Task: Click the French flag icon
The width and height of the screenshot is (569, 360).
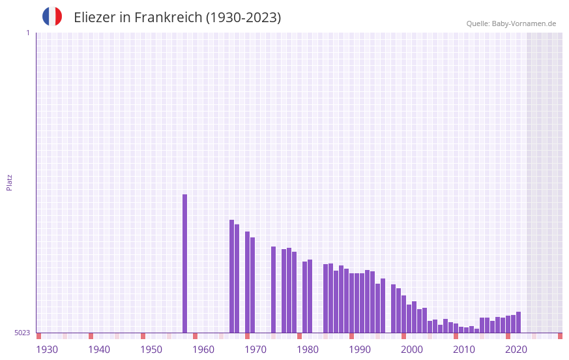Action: point(52,16)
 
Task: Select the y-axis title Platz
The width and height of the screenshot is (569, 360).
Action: point(9,182)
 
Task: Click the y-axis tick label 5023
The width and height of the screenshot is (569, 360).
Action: point(22,333)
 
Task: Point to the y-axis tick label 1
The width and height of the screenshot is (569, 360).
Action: point(27,33)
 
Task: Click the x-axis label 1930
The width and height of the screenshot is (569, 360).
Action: point(47,350)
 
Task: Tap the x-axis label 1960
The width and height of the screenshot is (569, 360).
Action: point(203,350)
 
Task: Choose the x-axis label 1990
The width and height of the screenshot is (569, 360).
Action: point(360,350)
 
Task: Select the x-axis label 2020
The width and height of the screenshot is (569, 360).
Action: point(516,350)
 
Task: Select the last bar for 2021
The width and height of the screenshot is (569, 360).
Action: point(518,322)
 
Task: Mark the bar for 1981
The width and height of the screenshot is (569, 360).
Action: point(310,296)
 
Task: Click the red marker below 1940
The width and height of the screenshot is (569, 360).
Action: point(91,336)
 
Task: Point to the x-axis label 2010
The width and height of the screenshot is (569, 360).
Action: point(464,350)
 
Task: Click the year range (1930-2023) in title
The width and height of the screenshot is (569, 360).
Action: point(243,18)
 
